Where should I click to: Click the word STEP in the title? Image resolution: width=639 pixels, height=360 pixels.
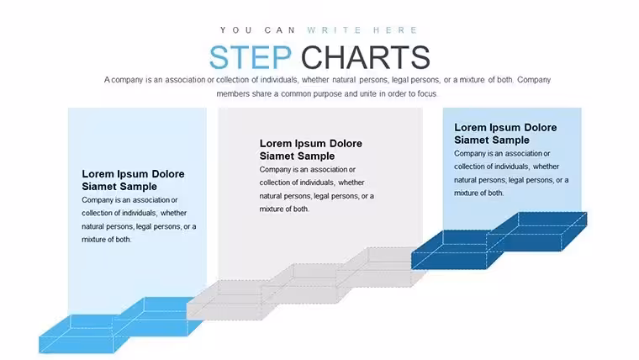[251, 57]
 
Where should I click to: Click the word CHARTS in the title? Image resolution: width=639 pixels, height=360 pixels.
[366, 57]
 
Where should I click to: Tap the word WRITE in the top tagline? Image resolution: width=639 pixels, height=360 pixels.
[335, 30]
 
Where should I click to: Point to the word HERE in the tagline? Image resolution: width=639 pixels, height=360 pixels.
[396, 30]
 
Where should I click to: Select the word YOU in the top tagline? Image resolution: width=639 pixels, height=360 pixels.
[236, 30]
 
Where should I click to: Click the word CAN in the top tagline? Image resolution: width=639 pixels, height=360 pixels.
[280, 30]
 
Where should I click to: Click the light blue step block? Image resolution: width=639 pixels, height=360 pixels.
[120, 325]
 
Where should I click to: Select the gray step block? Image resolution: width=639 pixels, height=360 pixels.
[306, 283]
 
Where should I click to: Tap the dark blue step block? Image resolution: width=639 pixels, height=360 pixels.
[499, 241]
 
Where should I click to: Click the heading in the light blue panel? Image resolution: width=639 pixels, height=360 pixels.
[133, 180]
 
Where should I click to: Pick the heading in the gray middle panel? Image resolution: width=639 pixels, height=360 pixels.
[310, 150]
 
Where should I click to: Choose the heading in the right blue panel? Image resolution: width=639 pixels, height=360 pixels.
[505, 134]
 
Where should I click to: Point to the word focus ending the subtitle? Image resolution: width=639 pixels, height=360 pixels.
[426, 93]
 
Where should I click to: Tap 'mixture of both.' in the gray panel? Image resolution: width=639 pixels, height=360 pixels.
[284, 209]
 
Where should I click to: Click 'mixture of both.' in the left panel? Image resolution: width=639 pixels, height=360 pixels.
[107, 240]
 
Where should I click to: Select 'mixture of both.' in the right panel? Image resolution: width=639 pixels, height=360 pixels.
[479, 193]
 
